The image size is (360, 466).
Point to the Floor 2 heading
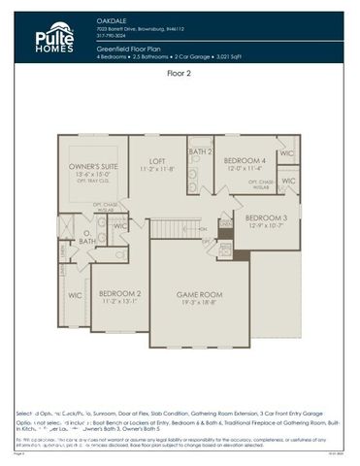point(180,73)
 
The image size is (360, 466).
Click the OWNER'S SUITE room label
point(90,168)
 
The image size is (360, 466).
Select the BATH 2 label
point(200,151)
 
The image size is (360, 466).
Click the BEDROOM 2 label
point(119,292)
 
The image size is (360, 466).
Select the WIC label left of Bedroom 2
point(75,294)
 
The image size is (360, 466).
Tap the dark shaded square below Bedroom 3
point(241,255)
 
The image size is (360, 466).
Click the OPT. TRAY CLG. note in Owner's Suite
point(90,184)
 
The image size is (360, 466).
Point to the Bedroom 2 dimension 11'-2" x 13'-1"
point(119,301)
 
